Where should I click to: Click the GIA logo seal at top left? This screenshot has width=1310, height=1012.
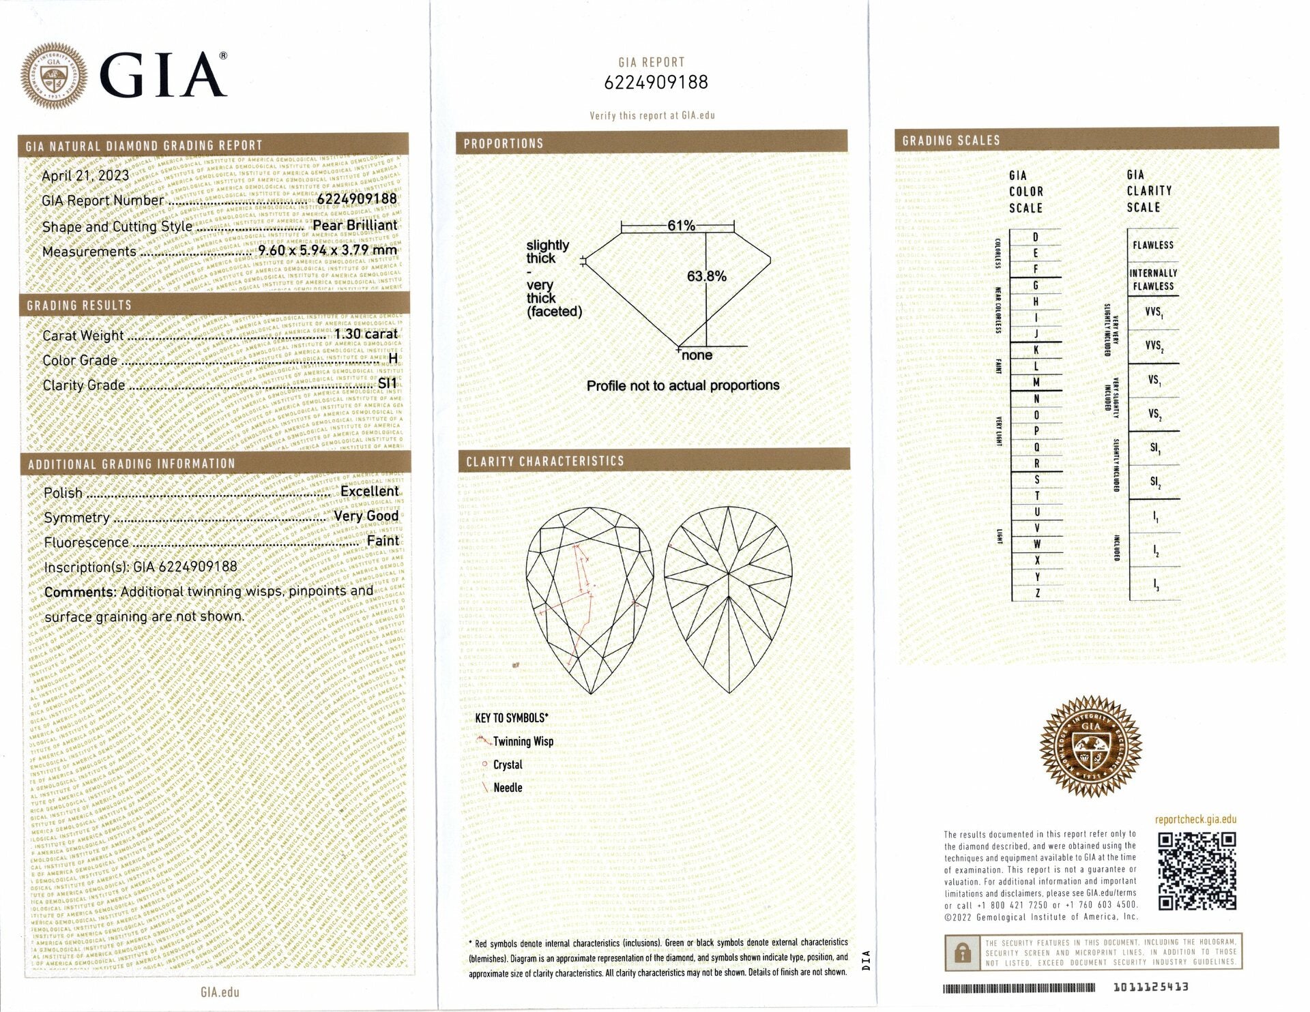pyautogui.click(x=54, y=76)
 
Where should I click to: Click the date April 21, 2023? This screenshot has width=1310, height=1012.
pyautogui.click(x=85, y=176)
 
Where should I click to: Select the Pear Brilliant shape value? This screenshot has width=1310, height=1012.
pyautogui.click(x=354, y=226)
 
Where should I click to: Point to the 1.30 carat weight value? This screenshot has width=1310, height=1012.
pyautogui.click(x=366, y=334)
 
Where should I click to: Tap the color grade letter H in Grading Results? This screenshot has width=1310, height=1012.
pyautogui.click(x=392, y=359)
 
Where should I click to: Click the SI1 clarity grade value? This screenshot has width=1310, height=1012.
pyautogui.click(x=387, y=384)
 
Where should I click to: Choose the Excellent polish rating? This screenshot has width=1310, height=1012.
pyautogui.click(x=369, y=491)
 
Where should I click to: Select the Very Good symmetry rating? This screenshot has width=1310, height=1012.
pyautogui.click(x=366, y=516)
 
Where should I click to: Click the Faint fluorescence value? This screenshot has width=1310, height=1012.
pyautogui.click(x=382, y=541)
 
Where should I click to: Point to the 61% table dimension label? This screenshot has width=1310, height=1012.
pyautogui.click(x=681, y=226)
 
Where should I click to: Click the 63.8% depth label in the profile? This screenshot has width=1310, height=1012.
pyautogui.click(x=706, y=276)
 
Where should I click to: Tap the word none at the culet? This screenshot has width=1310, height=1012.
pyautogui.click(x=697, y=355)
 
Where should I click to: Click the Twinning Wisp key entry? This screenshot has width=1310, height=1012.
pyautogui.click(x=523, y=742)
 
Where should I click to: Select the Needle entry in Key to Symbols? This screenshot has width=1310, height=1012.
pyautogui.click(x=508, y=788)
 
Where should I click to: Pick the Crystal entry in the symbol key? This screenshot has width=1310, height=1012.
pyautogui.click(x=508, y=765)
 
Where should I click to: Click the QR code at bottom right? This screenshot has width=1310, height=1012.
pyautogui.click(x=1197, y=871)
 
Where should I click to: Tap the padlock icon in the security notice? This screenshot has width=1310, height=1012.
pyautogui.click(x=962, y=952)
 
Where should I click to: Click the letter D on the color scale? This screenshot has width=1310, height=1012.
pyautogui.click(x=1035, y=237)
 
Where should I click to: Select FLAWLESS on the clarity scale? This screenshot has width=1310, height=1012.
pyautogui.click(x=1153, y=245)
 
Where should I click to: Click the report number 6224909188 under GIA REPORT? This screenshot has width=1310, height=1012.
pyautogui.click(x=656, y=83)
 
